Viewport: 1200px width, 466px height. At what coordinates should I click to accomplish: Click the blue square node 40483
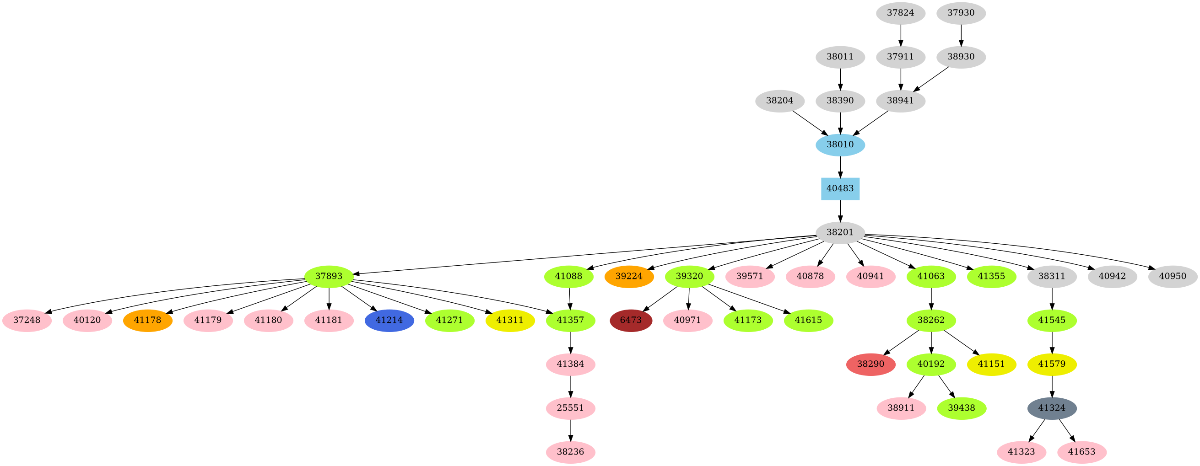pyautogui.click(x=840, y=188)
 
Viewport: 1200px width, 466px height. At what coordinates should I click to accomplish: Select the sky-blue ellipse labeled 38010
pyautogui.click(x=840, y=145)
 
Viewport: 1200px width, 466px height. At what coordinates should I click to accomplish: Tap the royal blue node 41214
pyautogui.click(x=389, y=320)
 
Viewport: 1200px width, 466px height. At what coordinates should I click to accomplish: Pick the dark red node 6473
pyautogui.click(x=631, y=320)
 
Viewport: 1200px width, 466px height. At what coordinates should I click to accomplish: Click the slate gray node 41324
pyautogui.click(x=1052, y=408)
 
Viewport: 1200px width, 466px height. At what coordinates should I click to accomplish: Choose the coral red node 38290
pyautogui.click(x=870, y=364)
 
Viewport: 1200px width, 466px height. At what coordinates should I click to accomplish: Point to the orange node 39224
pyautogui.click(x=629, y=277)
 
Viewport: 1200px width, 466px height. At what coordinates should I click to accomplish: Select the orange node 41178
pyautogui.click(x=148, y=320)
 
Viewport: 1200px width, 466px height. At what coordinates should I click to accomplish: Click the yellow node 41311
pyautogui.click(x=510, y=320)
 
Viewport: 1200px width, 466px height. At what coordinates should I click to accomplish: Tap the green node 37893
pyautogui.click(x=329, y=277)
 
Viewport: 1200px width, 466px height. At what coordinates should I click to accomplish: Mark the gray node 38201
pyautogui.click(x=840, y=232)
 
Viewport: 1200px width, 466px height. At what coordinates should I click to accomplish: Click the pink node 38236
pyautogui.click(x=570, y=452)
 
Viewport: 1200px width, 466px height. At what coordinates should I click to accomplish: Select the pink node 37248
pyautogui.click(x=27, y=320)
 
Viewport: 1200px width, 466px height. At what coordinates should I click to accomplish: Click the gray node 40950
pyautogui.click(x=1173, y=277)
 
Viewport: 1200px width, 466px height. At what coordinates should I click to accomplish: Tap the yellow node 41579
pyautogui.click(x=1052, y=364)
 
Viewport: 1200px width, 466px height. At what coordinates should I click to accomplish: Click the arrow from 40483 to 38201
pyautogui.click(x=840, y=210)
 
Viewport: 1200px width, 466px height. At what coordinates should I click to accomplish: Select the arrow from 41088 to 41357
pyautogui.click(x=570, y=299)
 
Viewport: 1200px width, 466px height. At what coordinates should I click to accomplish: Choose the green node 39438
pyautogui.click(x=962, y=408)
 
